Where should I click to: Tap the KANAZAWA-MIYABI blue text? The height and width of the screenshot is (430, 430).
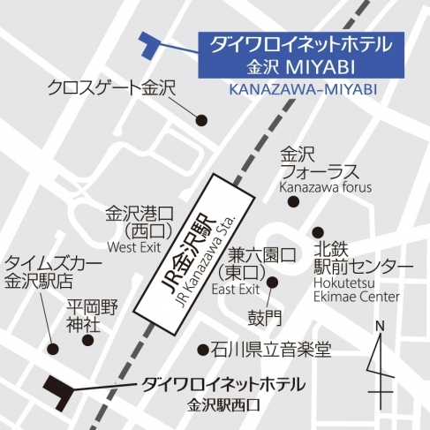[301, 89]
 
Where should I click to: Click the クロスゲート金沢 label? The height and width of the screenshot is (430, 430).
[112, 87]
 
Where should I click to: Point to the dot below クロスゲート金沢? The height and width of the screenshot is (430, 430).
[201, 119]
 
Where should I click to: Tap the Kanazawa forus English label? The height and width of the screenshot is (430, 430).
[326, 187]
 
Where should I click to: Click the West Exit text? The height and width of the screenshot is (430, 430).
[134, 247]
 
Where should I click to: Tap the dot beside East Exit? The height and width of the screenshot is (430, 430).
[273, 283]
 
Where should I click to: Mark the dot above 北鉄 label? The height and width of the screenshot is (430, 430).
[317, 231]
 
